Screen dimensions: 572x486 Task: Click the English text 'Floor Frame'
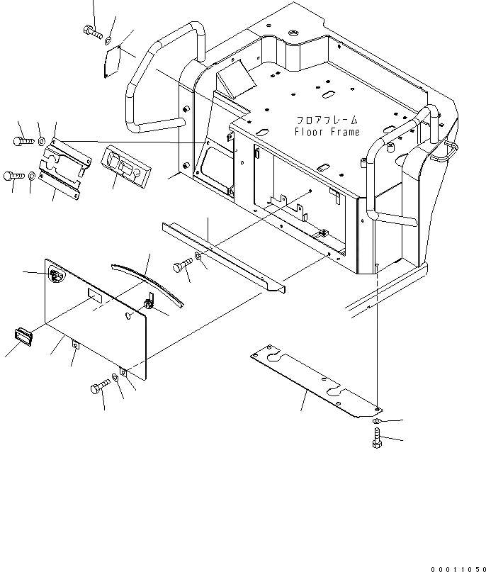pos(327,132)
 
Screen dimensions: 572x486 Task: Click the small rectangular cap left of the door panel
pos(23,335)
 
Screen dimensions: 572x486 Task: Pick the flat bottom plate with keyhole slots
pos(312,379)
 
